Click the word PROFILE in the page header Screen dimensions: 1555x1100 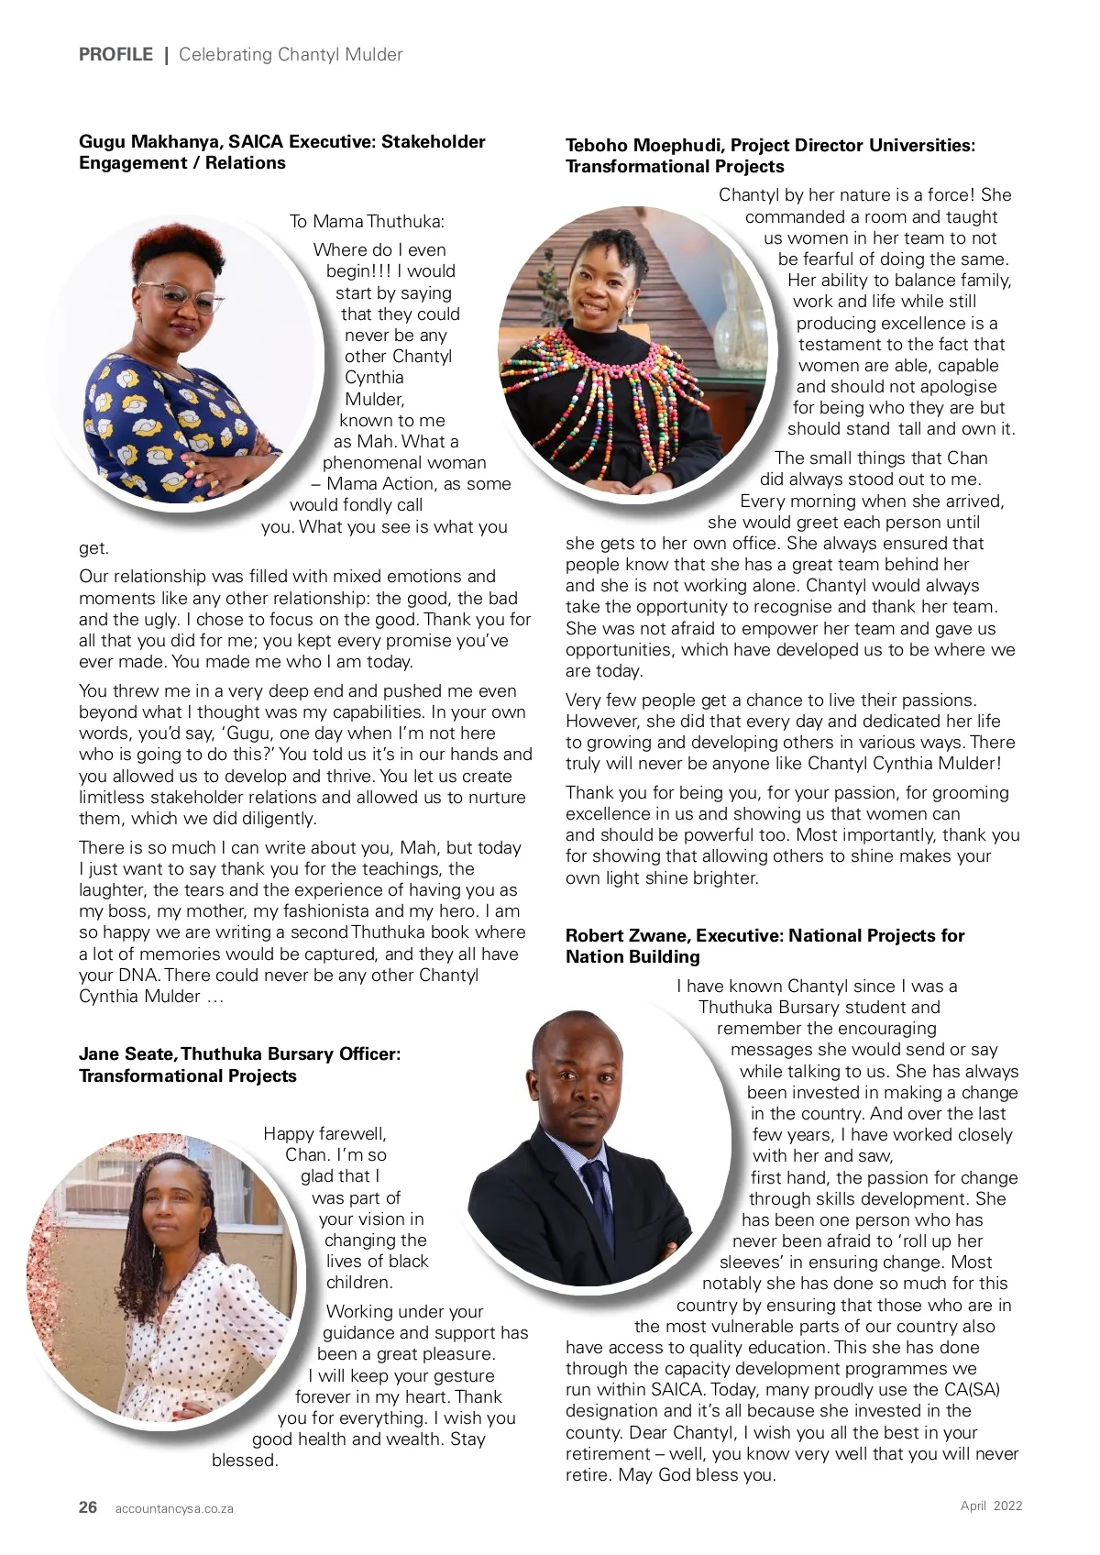[115, 55]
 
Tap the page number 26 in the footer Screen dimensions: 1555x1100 [88, 1507]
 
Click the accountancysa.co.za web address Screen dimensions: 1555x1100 [174, 1508]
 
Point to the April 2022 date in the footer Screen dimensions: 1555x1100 [991, 1505]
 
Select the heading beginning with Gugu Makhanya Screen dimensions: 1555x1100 [281, 152]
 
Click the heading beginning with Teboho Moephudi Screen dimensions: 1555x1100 [770, 156]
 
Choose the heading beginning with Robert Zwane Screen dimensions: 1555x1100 [764, 946]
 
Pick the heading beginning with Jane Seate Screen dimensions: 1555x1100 [239, 1064]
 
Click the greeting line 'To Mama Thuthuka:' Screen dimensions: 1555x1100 [367, 222]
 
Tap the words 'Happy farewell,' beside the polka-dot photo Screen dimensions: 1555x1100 [324, 1134]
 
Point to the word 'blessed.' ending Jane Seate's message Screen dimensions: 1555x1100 [245, 1461]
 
